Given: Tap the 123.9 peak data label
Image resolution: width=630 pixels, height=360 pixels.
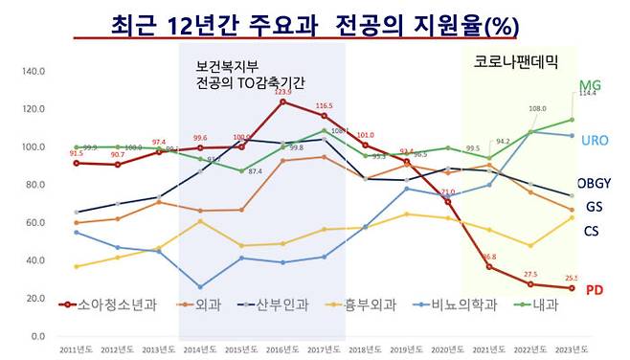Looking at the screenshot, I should pyautogui.click(x=282, y=92).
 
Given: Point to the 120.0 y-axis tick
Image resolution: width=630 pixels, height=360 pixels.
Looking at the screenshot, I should pyautogui.click(x=34, y=108).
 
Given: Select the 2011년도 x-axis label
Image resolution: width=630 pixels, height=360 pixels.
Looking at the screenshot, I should pyautogui.click(x=76, y=349).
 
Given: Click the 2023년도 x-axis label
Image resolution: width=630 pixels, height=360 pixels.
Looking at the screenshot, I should pyautogui.click(x=573, y=349).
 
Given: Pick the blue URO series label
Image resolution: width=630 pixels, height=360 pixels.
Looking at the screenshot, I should pyautogui.click(x=595, y=141).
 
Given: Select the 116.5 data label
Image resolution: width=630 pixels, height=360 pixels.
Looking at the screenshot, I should pyautogui.click(x=324, y=105).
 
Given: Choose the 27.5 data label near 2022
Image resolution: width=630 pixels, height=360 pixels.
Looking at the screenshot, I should pyautogui.click(x=529, y=275).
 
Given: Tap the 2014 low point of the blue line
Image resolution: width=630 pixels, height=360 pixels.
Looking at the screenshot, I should pyautogui.click(x=199, y=287).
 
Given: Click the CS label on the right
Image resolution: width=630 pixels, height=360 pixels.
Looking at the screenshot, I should pyautogui.click(x=592, y=231).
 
